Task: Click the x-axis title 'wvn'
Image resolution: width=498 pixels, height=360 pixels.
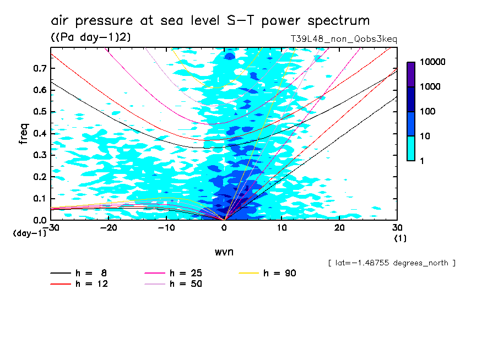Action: click(x=224, y=252)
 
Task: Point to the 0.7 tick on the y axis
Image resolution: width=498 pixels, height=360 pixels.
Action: click(x=40, y=68)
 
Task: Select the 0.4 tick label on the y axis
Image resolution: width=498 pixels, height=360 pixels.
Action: click(x=40, y=133)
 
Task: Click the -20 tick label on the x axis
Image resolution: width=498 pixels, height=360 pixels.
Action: click(x=109, y=228)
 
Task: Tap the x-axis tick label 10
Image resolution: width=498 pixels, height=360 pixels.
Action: click(x=282, y=228)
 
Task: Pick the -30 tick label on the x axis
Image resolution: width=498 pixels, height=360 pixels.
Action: click(x=51, y=228)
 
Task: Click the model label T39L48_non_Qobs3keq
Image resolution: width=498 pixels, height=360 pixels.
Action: click(x=344, y=39)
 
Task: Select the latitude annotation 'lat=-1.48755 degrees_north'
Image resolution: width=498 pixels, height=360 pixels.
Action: click(x=391, y=263)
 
